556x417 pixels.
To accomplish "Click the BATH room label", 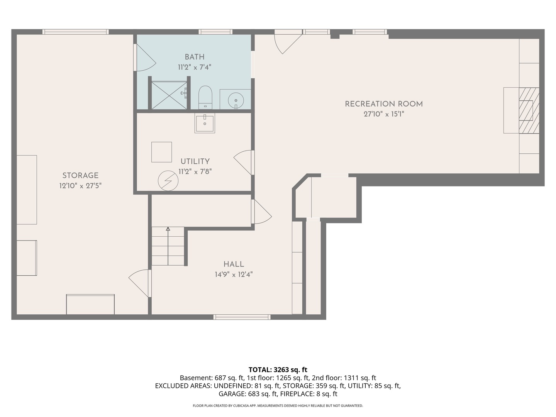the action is pyautogui.click(x=194, y=57).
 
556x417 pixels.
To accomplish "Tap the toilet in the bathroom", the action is pyautogui.click(x=205, y=97).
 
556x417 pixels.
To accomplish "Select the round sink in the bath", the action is pyautogui.click(x=236, y=100).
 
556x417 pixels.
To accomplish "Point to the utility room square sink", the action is pyautogui.click(x=205, y=123).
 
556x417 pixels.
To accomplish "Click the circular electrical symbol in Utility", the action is pyautogui.click(x=168, y=181).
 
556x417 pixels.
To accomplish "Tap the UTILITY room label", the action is pyautogui.click(x=195, y=161).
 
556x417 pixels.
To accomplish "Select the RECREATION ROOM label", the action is pyautogui.click(x=384, y=104).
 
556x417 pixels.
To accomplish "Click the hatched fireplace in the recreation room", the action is pyautogui.click(x=529, y=110).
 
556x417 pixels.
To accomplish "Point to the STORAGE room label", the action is pyautogui.click(x=80, y=175).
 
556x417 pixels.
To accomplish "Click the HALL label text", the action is pyautogui.click(x=234, y=264).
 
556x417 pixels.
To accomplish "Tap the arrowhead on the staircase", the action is pyautogui.click(x=168, y=229).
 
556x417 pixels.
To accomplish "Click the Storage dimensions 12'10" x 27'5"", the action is pyautogui.click(x=80, y=186).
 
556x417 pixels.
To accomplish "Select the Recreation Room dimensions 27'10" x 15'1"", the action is pyautogui.click(x=384, y=114).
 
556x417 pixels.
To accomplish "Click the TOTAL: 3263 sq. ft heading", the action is pyautogui.click(x=278, y=370).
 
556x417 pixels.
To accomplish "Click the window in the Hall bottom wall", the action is pyautogui.click(x=242, y=317).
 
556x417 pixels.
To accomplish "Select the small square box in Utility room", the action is pyautogui.click(x=162, y=152).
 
